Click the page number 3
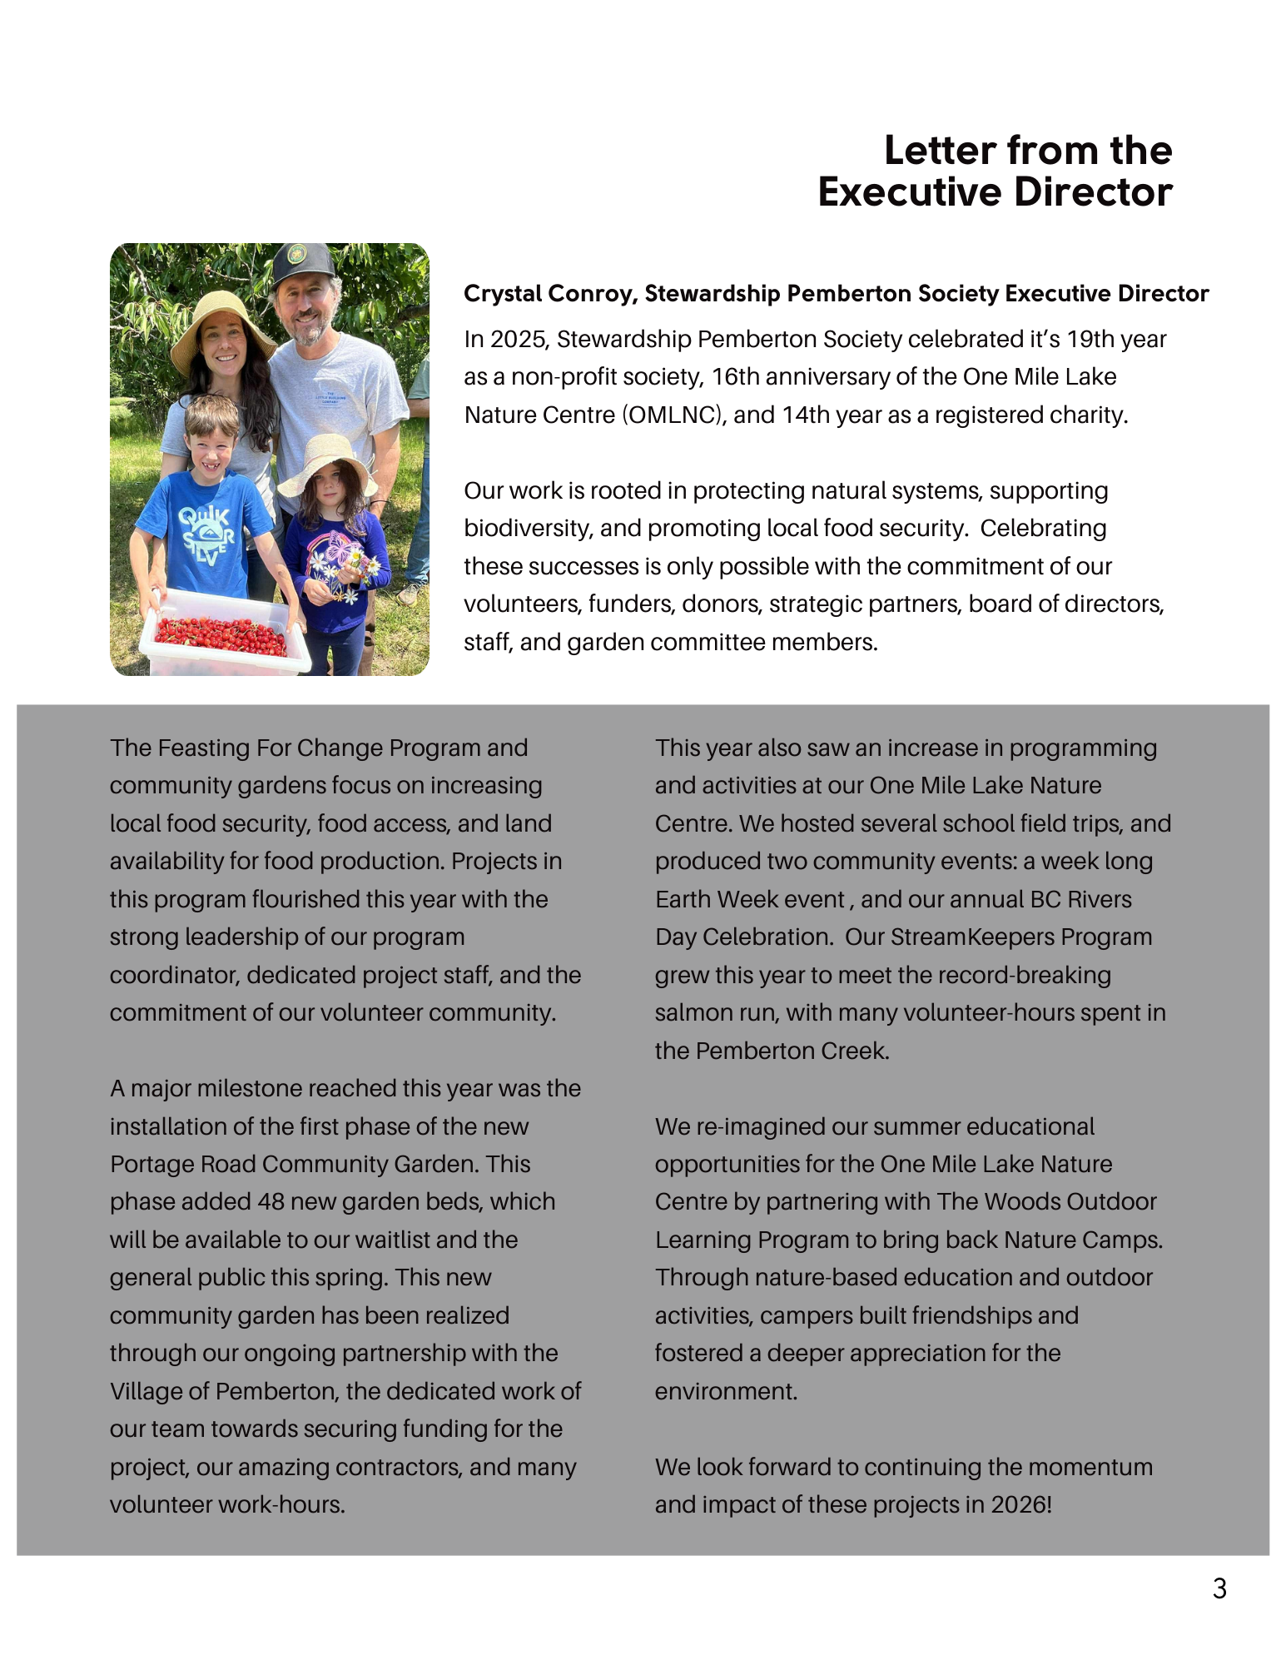point(1219,1588)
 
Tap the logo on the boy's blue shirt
point(206,534)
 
